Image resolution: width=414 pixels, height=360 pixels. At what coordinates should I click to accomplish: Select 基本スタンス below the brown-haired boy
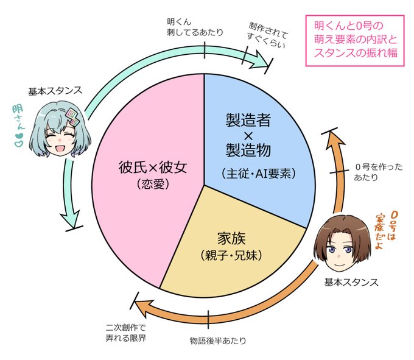coord(351,283)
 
